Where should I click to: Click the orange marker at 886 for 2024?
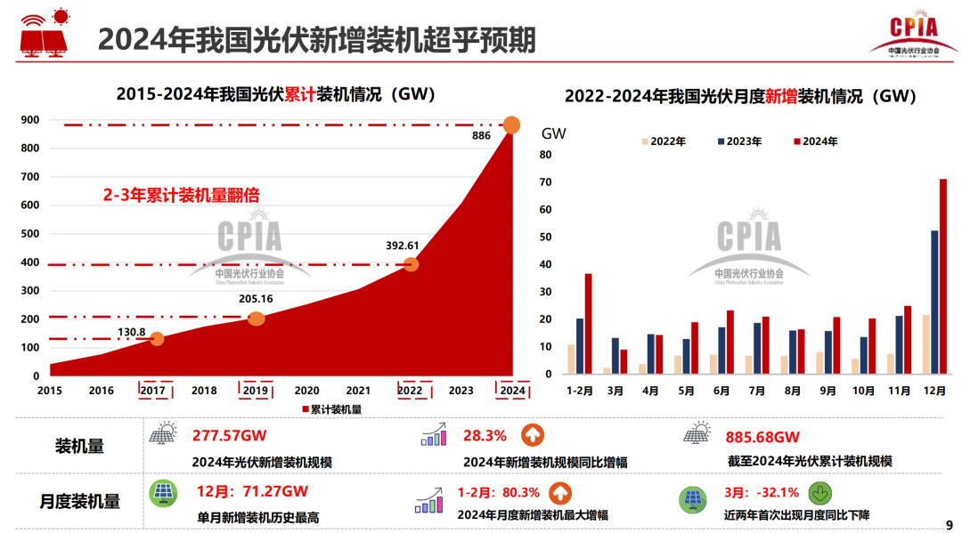[x=512, y=125]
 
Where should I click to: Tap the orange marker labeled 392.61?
[x=411, y=264]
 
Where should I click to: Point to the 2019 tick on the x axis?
[x=256, y=390]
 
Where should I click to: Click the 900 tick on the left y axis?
[x=29, y=120]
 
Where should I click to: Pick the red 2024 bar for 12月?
[x=943, y=276]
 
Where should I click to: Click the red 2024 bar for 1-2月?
[x=588, y=323]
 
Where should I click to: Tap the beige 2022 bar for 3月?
[x=607, y=370]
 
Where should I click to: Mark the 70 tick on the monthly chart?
[x=546, y=182]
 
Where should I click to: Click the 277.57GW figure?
[x=230, y=436]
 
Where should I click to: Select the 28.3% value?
[x=485, y=436]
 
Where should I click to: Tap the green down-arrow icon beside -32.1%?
[x=820, y=493]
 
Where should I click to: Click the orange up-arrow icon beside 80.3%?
[x=559, y=493]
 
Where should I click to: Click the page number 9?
[x=948, y=524]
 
